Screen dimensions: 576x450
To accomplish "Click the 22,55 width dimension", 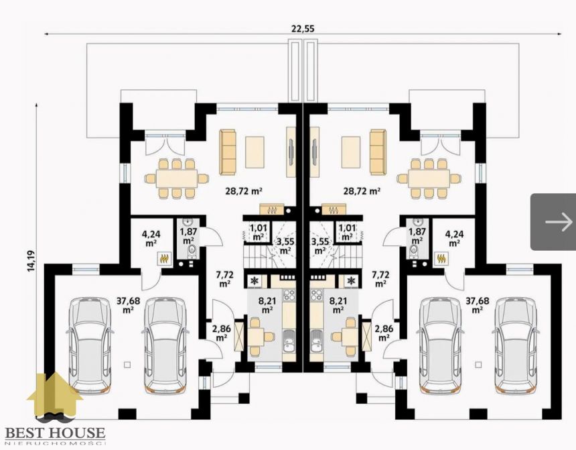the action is coord(303,29).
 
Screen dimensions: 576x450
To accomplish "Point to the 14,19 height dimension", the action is coord(31,262).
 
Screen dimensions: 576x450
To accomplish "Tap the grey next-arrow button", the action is coord(553,222).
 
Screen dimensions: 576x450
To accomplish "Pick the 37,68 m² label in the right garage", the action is coord(477,305).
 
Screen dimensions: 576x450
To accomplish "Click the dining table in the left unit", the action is coord(177,179).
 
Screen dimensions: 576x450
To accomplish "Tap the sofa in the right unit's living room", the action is coord(378,152).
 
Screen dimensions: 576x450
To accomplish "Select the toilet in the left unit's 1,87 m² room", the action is coord(192,252).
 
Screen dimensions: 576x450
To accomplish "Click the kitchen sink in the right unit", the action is coord(316,342).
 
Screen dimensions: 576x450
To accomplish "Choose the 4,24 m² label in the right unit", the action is coord(454,238).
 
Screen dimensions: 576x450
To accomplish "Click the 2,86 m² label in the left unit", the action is coord(222,333).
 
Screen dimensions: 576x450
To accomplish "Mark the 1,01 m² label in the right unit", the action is coord(347,232).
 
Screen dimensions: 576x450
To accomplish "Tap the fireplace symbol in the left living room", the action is coord(272,209).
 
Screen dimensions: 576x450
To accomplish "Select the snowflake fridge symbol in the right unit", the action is coord(352,282).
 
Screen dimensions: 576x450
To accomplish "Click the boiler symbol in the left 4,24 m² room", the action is coord(164,258).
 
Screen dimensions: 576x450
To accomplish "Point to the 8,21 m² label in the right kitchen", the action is coord(338,305).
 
